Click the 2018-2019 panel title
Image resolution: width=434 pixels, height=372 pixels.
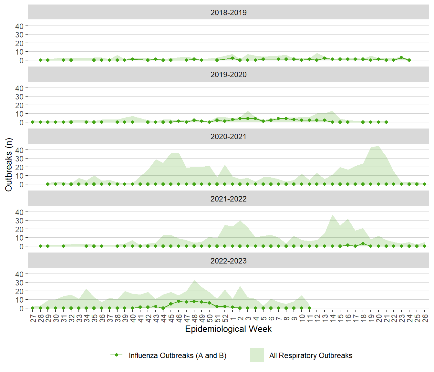[x=228, y=13]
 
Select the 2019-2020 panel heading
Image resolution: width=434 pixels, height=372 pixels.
[x=228, y=75]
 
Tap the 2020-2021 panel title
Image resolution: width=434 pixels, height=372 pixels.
[x=228, y=137]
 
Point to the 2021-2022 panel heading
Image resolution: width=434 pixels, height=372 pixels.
[x=228, y=199]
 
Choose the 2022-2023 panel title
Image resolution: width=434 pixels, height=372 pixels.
[x=228, y=261]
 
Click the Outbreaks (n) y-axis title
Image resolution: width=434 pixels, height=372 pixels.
[x=9, y=165]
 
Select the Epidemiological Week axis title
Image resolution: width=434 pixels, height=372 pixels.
[x=228, y=329]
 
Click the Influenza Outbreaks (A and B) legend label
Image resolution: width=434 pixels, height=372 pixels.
[x=177, y=356]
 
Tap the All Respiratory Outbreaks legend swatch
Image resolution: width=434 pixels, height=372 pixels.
[x=257, y=355]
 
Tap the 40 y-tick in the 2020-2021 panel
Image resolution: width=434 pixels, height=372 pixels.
[x=19, y=150]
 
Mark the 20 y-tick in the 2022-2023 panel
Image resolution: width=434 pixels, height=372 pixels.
[x=19, y=291]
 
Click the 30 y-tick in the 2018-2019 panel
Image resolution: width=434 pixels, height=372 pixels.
[x=19, y=35]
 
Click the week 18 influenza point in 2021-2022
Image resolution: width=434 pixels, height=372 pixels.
[x=363, y=243]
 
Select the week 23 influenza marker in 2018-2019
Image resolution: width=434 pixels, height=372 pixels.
[x=401, y=57]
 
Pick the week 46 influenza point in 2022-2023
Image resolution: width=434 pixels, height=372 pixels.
[x=179, y=301]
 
